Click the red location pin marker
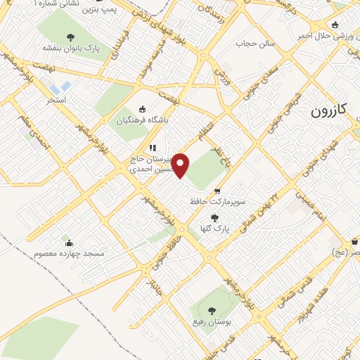pos(181,165)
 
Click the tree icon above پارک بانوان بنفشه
pos(70,37)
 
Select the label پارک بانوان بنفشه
pos(70,49)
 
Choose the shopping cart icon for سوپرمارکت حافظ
pos(217,191)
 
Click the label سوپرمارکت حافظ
pos(217,201)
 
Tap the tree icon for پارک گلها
pos(215,217)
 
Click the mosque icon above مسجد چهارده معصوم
pos(65,240)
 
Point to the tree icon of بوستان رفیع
pos(212,309)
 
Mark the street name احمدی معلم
pos(34,134)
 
